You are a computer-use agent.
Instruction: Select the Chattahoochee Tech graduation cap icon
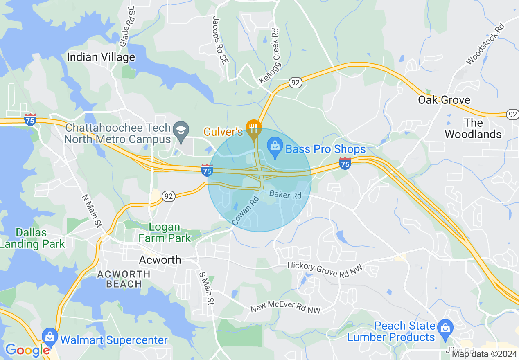[180, 131]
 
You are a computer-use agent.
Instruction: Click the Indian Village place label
[101, 57]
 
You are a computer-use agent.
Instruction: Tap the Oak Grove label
[444, 100]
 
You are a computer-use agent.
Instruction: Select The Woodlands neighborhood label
[473, 128]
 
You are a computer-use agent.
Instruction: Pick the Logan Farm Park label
[165, 232]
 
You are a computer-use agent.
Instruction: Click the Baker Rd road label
[285, 195]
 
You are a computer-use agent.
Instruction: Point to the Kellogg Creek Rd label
[269, 56]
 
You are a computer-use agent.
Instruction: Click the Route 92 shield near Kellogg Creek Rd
[295, 82]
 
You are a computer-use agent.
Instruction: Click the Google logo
[27, 350]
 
